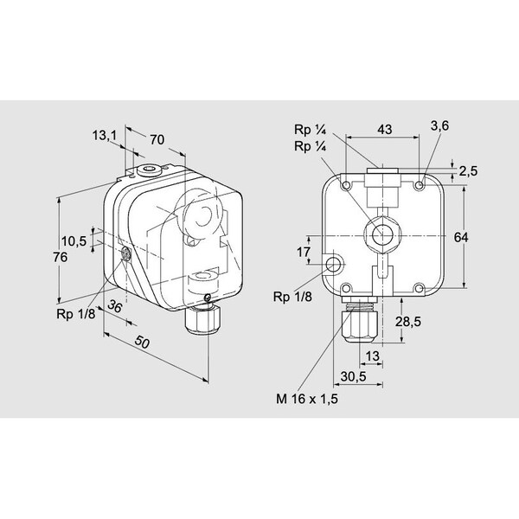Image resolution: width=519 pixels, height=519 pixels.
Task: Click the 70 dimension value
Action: pos(157,139)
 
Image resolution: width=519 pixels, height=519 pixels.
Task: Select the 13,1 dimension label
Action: pos(105,135)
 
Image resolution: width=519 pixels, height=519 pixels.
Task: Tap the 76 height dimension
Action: pos(61,257)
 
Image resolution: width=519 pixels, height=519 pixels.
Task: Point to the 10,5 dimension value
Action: pos(74,241)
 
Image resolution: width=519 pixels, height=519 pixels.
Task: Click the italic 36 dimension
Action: pos(115,306)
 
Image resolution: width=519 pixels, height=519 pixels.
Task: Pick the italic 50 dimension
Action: pos(143,343)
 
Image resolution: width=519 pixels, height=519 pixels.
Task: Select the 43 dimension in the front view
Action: pos(385,130)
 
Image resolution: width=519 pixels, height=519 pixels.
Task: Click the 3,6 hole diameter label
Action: pos(439,125)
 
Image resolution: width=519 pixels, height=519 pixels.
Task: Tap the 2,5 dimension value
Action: pos(468,171)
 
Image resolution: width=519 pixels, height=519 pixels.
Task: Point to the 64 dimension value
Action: pos(461,237)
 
